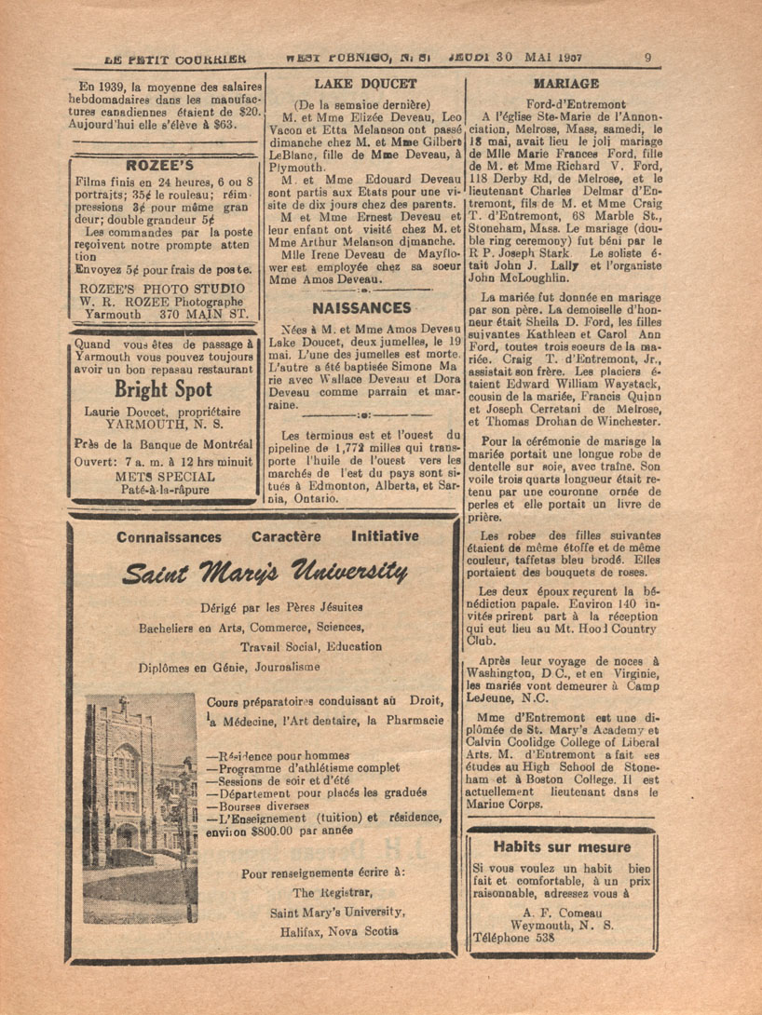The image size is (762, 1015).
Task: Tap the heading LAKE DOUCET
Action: point(364,84)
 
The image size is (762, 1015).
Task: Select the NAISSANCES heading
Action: point(362,307)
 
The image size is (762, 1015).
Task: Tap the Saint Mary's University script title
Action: point(267,570)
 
